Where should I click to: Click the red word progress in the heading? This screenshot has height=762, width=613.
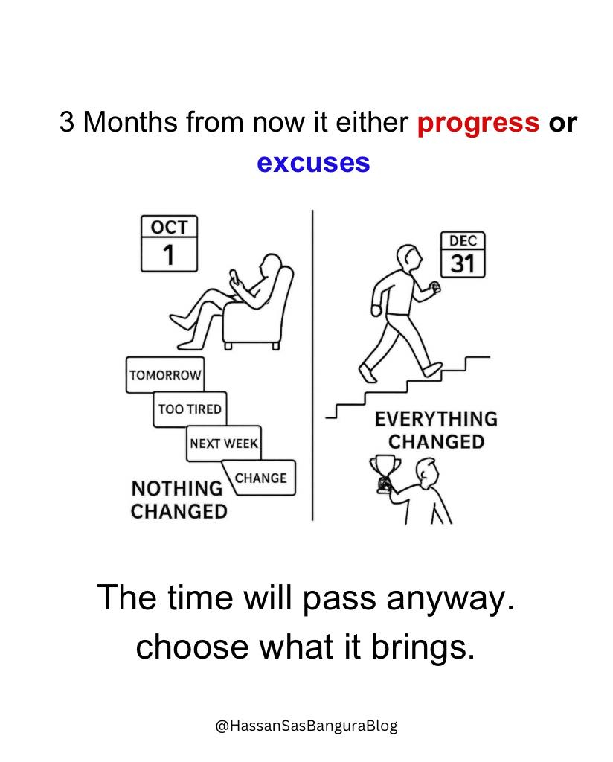coord(478,124)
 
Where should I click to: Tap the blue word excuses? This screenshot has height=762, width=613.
coord(313,163)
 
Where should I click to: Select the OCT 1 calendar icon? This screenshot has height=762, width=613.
coord(169,243)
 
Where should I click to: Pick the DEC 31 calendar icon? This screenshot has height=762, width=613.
coord(463,254)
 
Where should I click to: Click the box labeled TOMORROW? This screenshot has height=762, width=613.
coord(165,375)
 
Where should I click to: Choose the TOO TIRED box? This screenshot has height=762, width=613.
coord(190,409)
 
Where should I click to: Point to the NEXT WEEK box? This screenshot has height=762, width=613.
coord(224,444)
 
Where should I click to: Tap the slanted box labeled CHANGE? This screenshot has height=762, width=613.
coord(260,478)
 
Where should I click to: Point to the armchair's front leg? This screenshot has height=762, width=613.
coord(228,345)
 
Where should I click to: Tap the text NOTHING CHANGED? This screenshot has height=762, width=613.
coord(179,499)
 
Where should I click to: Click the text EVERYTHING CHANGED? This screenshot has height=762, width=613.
coord(436,430)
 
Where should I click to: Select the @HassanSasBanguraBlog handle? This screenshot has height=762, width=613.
coord(306,726)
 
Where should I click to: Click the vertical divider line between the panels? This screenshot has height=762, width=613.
coord(312,365)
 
